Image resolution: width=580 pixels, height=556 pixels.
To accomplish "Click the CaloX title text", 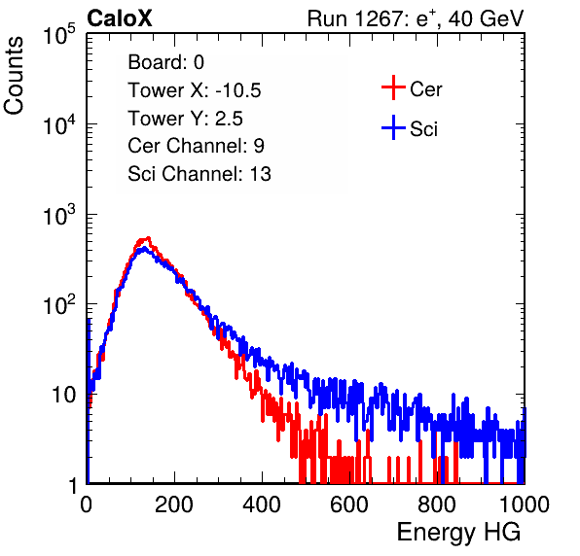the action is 120,18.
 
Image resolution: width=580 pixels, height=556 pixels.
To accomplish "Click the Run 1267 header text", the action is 416,18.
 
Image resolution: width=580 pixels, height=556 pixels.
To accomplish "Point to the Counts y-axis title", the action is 14,76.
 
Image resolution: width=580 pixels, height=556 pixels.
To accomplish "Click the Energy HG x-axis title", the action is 458,533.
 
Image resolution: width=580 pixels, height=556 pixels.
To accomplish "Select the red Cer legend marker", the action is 393,87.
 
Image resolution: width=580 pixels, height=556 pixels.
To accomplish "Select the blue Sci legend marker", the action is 393,127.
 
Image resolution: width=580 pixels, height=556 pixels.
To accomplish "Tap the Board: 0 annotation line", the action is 165,62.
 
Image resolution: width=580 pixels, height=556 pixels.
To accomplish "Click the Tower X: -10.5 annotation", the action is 195,90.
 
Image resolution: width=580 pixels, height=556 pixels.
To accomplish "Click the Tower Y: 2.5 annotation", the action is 185,119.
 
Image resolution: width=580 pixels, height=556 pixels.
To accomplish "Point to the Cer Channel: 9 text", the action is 196,146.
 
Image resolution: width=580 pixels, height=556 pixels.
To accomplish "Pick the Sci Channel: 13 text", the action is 199,174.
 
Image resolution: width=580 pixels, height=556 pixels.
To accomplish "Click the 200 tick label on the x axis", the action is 174,504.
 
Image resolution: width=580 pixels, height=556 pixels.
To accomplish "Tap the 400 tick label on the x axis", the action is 262,504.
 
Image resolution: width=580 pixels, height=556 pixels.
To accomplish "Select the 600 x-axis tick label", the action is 349,504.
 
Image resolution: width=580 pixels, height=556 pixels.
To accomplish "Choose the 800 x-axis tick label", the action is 437,504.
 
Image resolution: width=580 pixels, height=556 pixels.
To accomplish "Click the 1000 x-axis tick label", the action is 525,504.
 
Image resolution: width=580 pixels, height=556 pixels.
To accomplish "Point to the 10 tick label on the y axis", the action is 63,395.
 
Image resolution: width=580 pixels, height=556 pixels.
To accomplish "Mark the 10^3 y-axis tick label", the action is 60,216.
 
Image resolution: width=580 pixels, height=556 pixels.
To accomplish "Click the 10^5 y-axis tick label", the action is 60,35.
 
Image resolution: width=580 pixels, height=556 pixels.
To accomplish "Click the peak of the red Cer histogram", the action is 148,238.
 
